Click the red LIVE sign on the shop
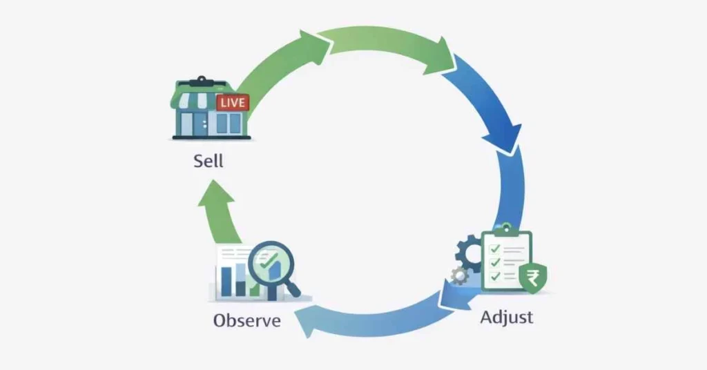point(232,103)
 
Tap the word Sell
point(209,163)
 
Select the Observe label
point(246,321)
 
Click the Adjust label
point(506,318)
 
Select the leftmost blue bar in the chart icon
point(225,280)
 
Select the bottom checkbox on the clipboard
point(494,276)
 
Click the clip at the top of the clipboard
point(506,230)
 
